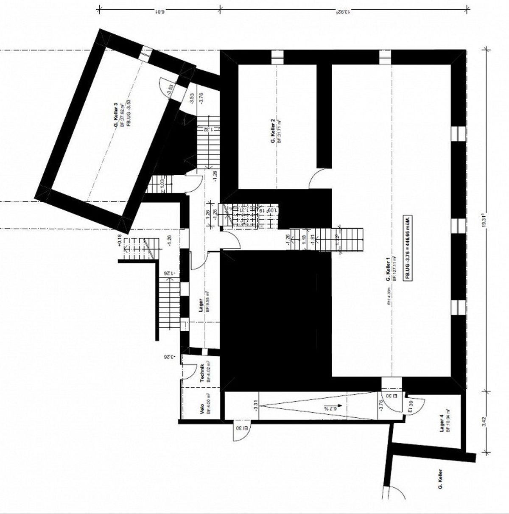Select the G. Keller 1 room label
pos(388,272)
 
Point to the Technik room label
pos(203,373)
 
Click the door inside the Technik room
pos(187,373)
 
